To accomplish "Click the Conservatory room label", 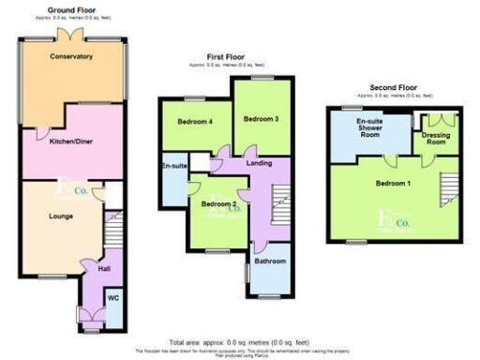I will pyautogui.click(x=72, y=56).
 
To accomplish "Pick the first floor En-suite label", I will pyautogui.click(x=173, y=166).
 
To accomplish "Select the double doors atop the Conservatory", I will pyautogui.click(x=71, y=34).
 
